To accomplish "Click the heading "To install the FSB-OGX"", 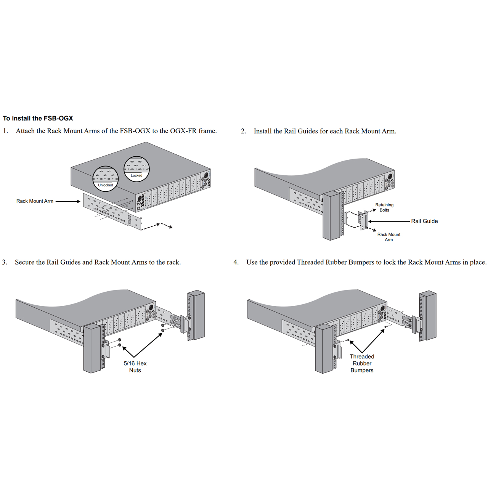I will pos(38,118).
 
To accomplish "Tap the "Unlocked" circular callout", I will pos(106,178).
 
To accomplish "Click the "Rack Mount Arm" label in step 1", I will pos(35,201).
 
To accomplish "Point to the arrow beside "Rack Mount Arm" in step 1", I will pos(68,201).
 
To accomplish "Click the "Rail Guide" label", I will pos(424,221).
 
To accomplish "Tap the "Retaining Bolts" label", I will pos(384,207).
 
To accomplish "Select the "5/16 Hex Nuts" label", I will pos(135,367).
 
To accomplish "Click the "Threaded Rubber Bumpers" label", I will pos(362,363).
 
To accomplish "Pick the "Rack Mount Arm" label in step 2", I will pos(389,237).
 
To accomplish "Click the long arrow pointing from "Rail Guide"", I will pos(389,221).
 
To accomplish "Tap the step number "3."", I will pos(5,262).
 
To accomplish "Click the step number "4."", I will pos(236,262).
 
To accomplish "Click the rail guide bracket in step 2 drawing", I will pos(363,220).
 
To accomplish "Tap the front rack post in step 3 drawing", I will pos(92,348).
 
